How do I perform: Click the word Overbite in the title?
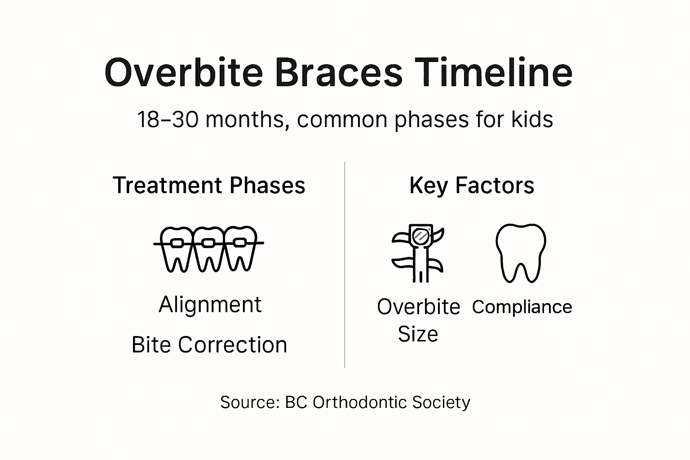183,72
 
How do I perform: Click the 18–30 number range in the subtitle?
168,119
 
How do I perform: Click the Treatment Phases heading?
209,186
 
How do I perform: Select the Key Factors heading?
472,186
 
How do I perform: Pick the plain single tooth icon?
521,252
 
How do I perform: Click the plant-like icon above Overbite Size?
418,252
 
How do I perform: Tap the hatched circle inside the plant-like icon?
421,236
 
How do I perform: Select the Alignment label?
210,305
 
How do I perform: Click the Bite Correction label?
209,345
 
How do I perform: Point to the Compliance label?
522,307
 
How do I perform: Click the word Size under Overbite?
418,334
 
